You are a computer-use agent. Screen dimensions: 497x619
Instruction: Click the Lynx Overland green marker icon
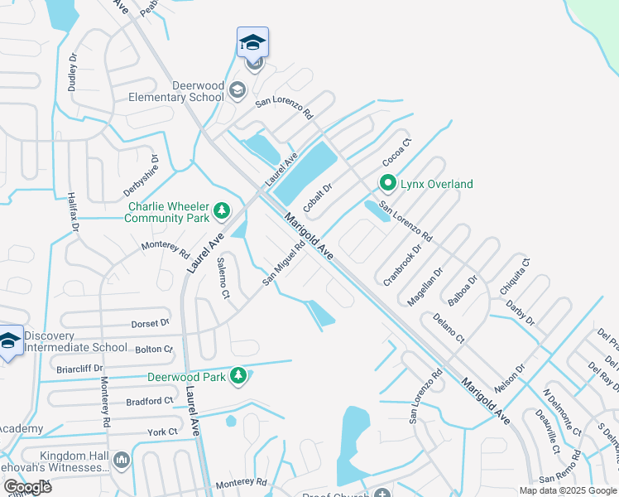click(386, 183)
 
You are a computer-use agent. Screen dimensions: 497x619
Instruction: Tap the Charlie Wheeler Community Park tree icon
click(221, 211)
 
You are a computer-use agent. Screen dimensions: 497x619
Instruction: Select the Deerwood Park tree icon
click(238, 377)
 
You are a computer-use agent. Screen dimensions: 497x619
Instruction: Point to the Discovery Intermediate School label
click(75, 341)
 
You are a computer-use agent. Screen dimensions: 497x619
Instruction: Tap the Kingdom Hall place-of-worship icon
click(121, 461)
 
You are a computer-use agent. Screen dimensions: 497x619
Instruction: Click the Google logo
click(26, 487)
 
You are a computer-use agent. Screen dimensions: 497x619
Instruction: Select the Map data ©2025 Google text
click(567, 490)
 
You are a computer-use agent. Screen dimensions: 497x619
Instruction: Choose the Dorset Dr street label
click(149, 323)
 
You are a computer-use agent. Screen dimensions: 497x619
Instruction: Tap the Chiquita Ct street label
click(514, 277)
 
